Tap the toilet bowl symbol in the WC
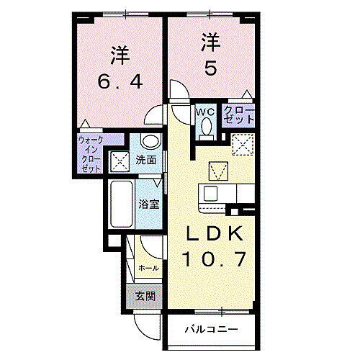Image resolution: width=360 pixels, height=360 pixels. coord(206,127)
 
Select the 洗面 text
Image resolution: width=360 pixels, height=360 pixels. coord(146,160)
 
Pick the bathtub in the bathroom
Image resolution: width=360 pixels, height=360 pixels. coord(120,204)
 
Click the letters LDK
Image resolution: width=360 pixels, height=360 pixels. coord(210,235)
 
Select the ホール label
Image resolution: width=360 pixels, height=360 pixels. coord(148,268)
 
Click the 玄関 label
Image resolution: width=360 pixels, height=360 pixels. coord(146,296)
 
